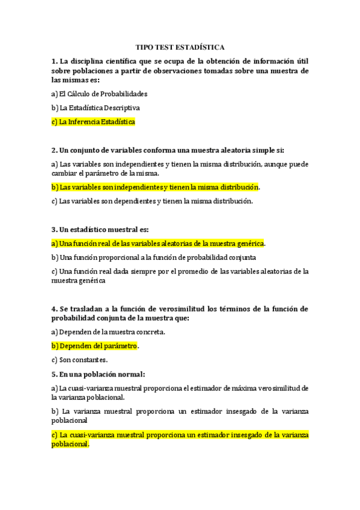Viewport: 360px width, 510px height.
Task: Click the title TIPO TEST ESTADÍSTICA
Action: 180,47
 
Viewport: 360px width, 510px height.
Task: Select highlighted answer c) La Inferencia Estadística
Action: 94,121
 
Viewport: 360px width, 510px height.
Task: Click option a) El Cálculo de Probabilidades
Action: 100,94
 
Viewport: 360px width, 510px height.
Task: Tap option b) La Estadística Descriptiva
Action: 96,108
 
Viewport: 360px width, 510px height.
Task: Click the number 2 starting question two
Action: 54,150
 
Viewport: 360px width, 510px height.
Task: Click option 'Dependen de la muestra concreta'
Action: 108,332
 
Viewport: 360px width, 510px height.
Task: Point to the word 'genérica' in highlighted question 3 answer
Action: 249,244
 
